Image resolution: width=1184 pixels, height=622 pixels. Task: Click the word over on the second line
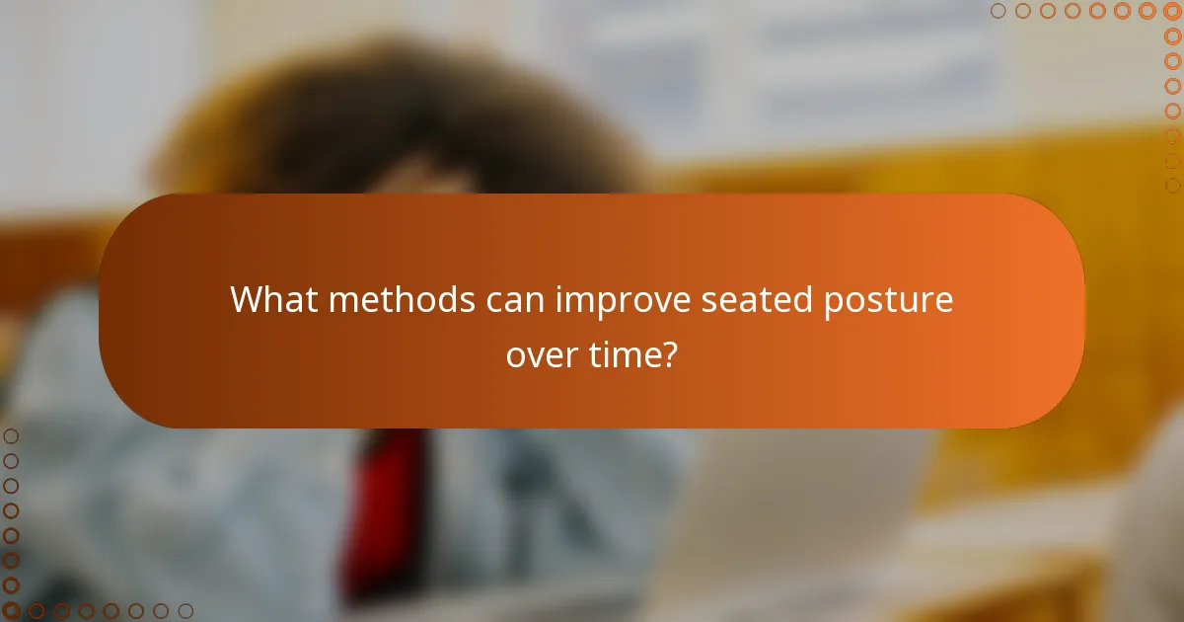(544, 353)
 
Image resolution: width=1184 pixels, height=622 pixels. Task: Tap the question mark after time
(670, 353)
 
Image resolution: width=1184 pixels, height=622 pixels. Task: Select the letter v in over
(539, 355)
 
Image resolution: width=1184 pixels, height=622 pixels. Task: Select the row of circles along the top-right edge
(1085, 11)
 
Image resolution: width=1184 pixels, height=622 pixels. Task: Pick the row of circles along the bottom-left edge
(99, 611)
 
